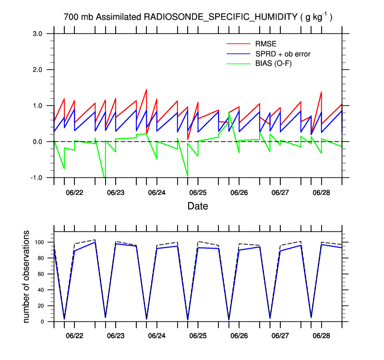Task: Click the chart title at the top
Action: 198,17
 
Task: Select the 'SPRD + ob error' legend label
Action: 283,54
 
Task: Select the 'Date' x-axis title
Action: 198,206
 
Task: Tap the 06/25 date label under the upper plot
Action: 198,192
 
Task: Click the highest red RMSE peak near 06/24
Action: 146,90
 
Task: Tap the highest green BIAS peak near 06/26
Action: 229,113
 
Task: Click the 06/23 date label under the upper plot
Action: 116,192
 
